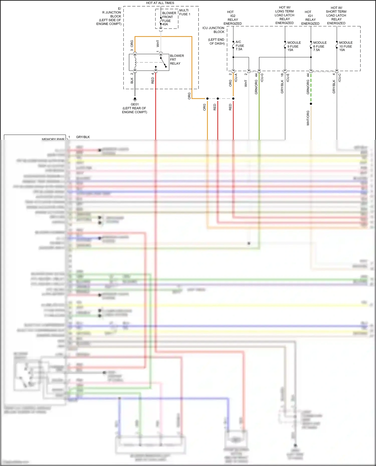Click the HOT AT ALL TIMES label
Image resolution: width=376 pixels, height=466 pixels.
(x=160, y=3)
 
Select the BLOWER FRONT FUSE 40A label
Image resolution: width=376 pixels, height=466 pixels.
(x=169, y=19)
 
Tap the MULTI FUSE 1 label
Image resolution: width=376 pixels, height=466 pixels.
(x=184, y=12)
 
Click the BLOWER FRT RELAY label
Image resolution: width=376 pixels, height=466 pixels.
(x=177, y=60)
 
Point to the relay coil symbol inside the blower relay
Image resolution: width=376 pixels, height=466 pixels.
(x=135, y=62)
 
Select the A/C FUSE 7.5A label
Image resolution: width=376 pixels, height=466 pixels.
(x=239, y=46)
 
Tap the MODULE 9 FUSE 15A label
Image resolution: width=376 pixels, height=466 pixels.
(x=294, y=46)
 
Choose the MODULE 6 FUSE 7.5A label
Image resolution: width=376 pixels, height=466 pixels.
(x=320, y=46)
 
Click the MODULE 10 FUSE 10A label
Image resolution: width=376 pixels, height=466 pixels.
(x=346, y=46)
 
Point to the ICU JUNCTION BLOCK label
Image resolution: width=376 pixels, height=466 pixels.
(x=213, y=30)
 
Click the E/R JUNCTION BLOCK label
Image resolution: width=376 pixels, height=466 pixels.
(x=110, y=16)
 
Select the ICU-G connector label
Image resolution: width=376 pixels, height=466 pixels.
(x=262, y=78)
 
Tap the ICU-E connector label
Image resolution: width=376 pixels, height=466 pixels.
(x=288, y=78)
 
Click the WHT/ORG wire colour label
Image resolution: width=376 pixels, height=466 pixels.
(x=308, y=118)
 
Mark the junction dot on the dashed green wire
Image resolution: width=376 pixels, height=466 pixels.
(x=311, y=104)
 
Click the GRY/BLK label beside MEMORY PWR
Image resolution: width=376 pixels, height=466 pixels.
(x=83, y=137)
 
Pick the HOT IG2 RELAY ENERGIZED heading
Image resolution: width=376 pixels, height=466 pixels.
(x=232, y=18)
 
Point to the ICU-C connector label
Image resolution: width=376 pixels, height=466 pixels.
(x=340, y=78)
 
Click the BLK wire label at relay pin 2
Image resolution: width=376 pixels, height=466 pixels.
(x=132, y=81)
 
